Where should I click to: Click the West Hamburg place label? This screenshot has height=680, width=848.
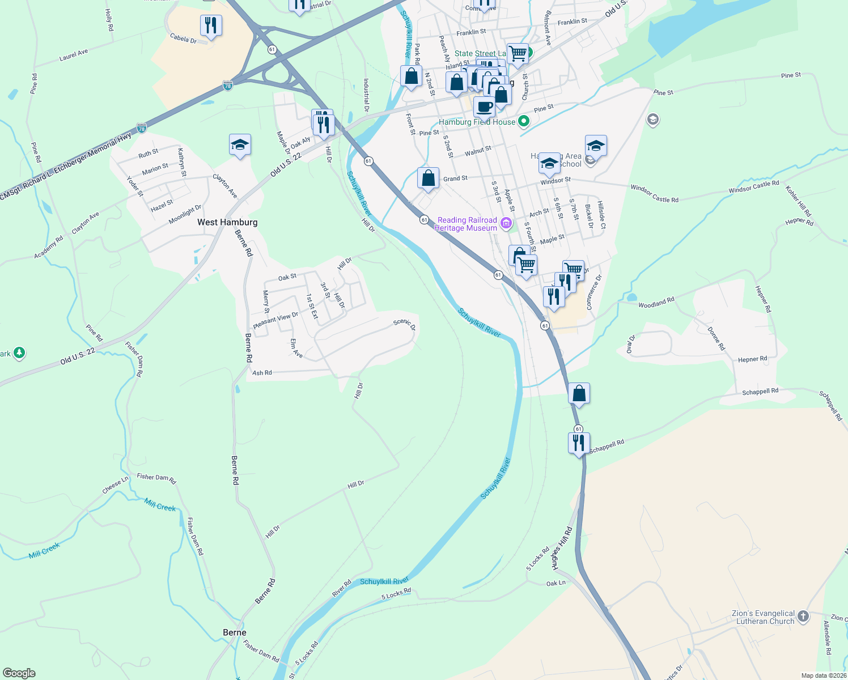[x=227, y=222]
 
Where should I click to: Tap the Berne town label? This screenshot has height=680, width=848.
[x=235, y=632]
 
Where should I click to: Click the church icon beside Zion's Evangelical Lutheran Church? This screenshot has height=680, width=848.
[x=803, y=617]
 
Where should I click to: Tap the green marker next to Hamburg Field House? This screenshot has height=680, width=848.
[x=524, y=121]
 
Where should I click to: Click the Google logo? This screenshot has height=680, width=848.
[x=19, y=673]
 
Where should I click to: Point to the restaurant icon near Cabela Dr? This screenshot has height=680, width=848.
[x=211, y=25]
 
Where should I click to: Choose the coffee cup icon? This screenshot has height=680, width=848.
[x=484, y=106]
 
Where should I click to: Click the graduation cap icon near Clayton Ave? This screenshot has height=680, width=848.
[x=240, y=145]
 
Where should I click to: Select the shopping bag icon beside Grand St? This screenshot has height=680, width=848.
[x=429, y=178]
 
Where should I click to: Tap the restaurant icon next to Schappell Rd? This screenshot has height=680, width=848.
[x=579, y=442]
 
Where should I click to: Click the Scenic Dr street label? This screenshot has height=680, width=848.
[x=405, y=324]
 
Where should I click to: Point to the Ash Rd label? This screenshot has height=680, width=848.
[x=262, y=373]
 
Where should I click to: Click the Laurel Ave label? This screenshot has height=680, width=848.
[x=74, y=55]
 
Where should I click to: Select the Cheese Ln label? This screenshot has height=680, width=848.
[x=115, y=484]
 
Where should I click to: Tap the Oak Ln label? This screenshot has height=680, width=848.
[x=556, y=583]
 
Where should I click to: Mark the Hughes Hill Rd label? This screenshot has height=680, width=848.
[x=562, y=548]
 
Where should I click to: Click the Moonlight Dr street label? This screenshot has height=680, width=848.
[x=185, y=215]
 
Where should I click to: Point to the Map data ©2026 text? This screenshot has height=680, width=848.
[x=824, y=675]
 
